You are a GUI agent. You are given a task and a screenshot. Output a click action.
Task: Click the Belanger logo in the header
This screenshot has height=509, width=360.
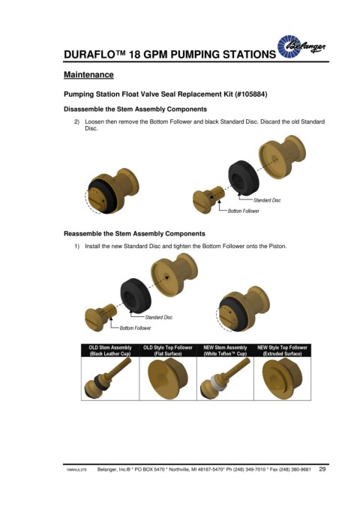coord(301,46)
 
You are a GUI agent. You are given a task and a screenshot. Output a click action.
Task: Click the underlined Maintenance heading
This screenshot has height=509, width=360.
coord(88,75)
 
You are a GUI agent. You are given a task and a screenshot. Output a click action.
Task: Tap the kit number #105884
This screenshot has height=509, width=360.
coord(250,94)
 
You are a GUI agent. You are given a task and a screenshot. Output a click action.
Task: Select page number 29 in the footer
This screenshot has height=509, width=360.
coord(322,469)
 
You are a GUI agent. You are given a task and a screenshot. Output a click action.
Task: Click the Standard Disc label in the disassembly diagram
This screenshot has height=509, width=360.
coord(267,200)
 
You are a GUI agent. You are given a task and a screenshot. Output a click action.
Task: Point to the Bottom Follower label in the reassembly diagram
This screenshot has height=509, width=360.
coord(135,328)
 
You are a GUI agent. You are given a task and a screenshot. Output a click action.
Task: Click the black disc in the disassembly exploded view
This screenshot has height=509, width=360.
coord(243,178)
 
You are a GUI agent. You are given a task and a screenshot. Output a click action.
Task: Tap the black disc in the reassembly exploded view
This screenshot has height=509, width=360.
coord(136,295)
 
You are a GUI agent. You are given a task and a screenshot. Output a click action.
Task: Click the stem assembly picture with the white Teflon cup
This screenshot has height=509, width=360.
coord(225,379)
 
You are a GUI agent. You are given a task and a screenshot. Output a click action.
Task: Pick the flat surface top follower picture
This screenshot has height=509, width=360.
coord(168,379)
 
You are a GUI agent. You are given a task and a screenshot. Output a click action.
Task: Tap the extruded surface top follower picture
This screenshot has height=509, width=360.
coord(282,379)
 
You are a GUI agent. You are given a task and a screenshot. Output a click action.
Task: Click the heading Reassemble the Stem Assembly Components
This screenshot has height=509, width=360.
coord(134,234)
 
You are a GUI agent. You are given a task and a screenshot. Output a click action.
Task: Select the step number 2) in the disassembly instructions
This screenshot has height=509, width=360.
coord(76,121)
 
